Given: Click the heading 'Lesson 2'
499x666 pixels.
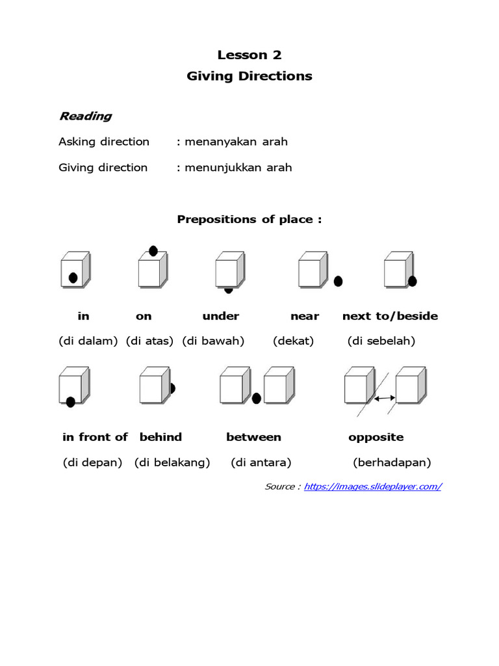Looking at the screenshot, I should click(249, 55).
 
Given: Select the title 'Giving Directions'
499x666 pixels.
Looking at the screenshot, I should click(249, 76).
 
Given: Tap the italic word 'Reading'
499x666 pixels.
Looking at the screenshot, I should click(85, 116).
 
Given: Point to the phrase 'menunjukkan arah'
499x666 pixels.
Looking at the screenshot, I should click(238, 167).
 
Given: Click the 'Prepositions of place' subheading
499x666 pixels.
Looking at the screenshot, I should click(249, 219).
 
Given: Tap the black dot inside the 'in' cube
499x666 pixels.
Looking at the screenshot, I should click(73, 278).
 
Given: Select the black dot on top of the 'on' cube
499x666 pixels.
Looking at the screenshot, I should click(153, 250).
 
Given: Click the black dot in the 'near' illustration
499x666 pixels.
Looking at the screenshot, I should click(338, 281).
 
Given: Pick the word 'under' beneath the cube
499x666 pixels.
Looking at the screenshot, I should click(221, 316).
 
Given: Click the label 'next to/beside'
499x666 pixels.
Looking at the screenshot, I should click(390, 316).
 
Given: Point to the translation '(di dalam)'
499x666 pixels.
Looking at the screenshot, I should click(88, 341).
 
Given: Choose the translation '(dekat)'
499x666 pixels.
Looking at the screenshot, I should click(293, 341).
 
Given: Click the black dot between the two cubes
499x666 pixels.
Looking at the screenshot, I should click(257, 398).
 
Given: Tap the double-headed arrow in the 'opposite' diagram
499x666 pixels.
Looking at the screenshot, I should click(385, 397).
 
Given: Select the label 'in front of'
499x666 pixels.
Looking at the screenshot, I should click(95, 437).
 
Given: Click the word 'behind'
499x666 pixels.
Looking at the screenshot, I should click(160, 437).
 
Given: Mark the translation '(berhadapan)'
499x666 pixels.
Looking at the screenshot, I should click(392, 463).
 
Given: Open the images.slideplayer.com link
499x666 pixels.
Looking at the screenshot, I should click(373, 486).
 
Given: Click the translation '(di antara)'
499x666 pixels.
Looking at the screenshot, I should click(261, 463).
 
